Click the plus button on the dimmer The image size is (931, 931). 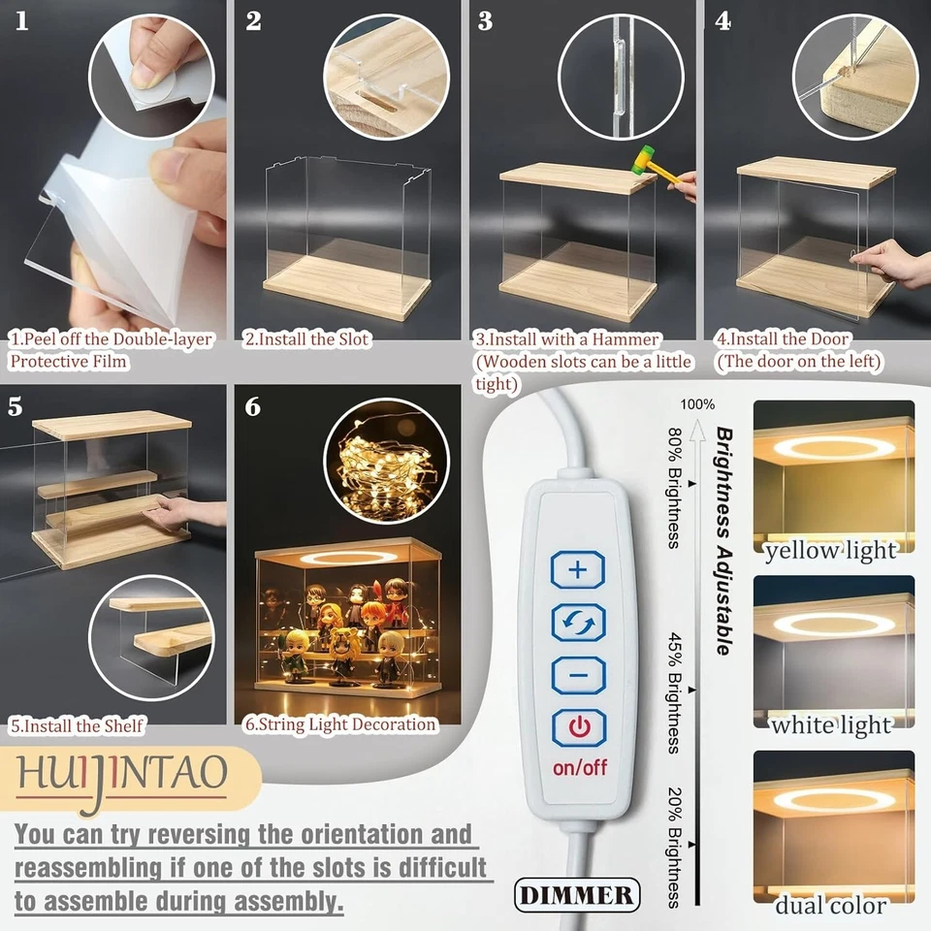click(x=578, y=569)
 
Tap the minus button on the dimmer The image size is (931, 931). click(x=578, y=674)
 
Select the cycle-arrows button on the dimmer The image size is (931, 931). click(x=578, y=622)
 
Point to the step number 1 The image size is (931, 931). click(x=21, y=21)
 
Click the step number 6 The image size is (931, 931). click(x=253, y=406)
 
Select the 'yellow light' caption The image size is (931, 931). click(x=832, y=552)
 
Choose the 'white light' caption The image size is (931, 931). click(x=832, y=724)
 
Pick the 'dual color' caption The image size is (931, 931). click(x=832, y=906)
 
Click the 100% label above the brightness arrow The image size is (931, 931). click(x=697, y=404)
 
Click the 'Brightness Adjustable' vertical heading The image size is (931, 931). click(x=723, y=540)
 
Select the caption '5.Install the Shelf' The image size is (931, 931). click(x=78, y=725)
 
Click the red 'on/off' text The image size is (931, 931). click(x=579, y=768)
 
